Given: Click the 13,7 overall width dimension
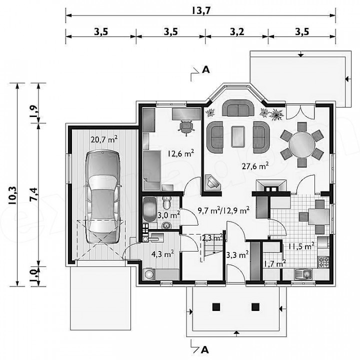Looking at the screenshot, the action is tap(201, 11).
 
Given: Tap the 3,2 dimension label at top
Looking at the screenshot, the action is tap(237, 31).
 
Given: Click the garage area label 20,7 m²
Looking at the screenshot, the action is tap(104, 139).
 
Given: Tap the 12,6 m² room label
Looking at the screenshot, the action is tap(180, 153).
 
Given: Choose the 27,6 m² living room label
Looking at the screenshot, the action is tap(255, 166).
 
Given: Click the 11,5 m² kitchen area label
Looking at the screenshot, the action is tap(301, 246).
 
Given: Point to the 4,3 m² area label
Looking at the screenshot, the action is tap(162, 254).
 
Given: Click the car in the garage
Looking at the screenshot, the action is tap(102, 197).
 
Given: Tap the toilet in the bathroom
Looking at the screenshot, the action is tap(166, 202).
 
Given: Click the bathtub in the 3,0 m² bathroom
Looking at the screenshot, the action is tap(149, 210).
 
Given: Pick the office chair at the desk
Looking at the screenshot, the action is tap(186, 127).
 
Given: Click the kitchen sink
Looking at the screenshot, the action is tap(303, 273).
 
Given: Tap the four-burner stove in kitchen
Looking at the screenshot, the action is tap(323, 262).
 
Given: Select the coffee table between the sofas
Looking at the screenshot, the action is tap(238, 137).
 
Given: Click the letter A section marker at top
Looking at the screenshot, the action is tap(205, 69).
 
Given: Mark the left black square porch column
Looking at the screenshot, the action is tap(216, 307).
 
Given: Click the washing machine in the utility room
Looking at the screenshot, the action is tap(149, 274).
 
